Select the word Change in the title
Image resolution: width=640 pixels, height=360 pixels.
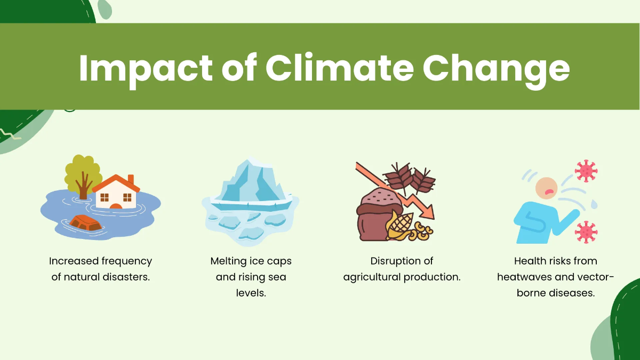(x=496, y=68)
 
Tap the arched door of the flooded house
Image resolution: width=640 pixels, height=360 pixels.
(x=116, y=205)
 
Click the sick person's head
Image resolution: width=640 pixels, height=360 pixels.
(x=546, y=188)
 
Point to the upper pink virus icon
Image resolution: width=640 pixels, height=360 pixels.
(x=586, y=171)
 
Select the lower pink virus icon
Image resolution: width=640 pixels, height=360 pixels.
(x=586, y=232)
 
